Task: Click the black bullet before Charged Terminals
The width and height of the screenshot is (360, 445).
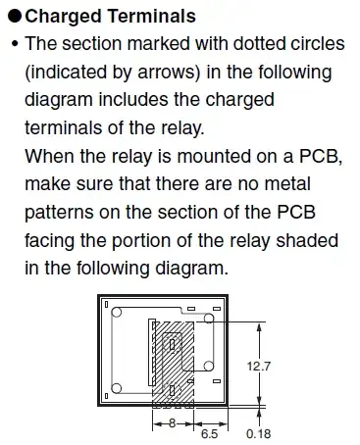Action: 15,16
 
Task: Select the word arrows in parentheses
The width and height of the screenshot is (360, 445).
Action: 167,72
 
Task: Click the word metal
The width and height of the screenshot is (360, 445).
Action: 287,183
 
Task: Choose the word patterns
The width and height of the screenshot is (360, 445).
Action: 59,213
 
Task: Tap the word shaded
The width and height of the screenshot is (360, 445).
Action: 307,240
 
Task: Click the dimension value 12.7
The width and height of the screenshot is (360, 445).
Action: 259,367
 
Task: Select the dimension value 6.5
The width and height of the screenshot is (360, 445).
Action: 209,434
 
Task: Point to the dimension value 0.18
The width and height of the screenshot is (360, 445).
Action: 258,434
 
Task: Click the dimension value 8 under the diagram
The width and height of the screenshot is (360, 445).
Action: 173,423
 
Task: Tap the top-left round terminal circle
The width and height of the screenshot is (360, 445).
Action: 116,312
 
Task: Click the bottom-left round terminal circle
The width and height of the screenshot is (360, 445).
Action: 116,388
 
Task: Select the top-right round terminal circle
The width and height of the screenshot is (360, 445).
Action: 209,319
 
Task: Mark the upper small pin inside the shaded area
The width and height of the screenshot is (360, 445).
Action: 172,344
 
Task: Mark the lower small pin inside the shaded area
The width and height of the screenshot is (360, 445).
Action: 172,390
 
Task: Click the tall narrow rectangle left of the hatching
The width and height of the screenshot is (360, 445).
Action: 152,352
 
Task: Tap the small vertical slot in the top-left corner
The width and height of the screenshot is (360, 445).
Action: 106,304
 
